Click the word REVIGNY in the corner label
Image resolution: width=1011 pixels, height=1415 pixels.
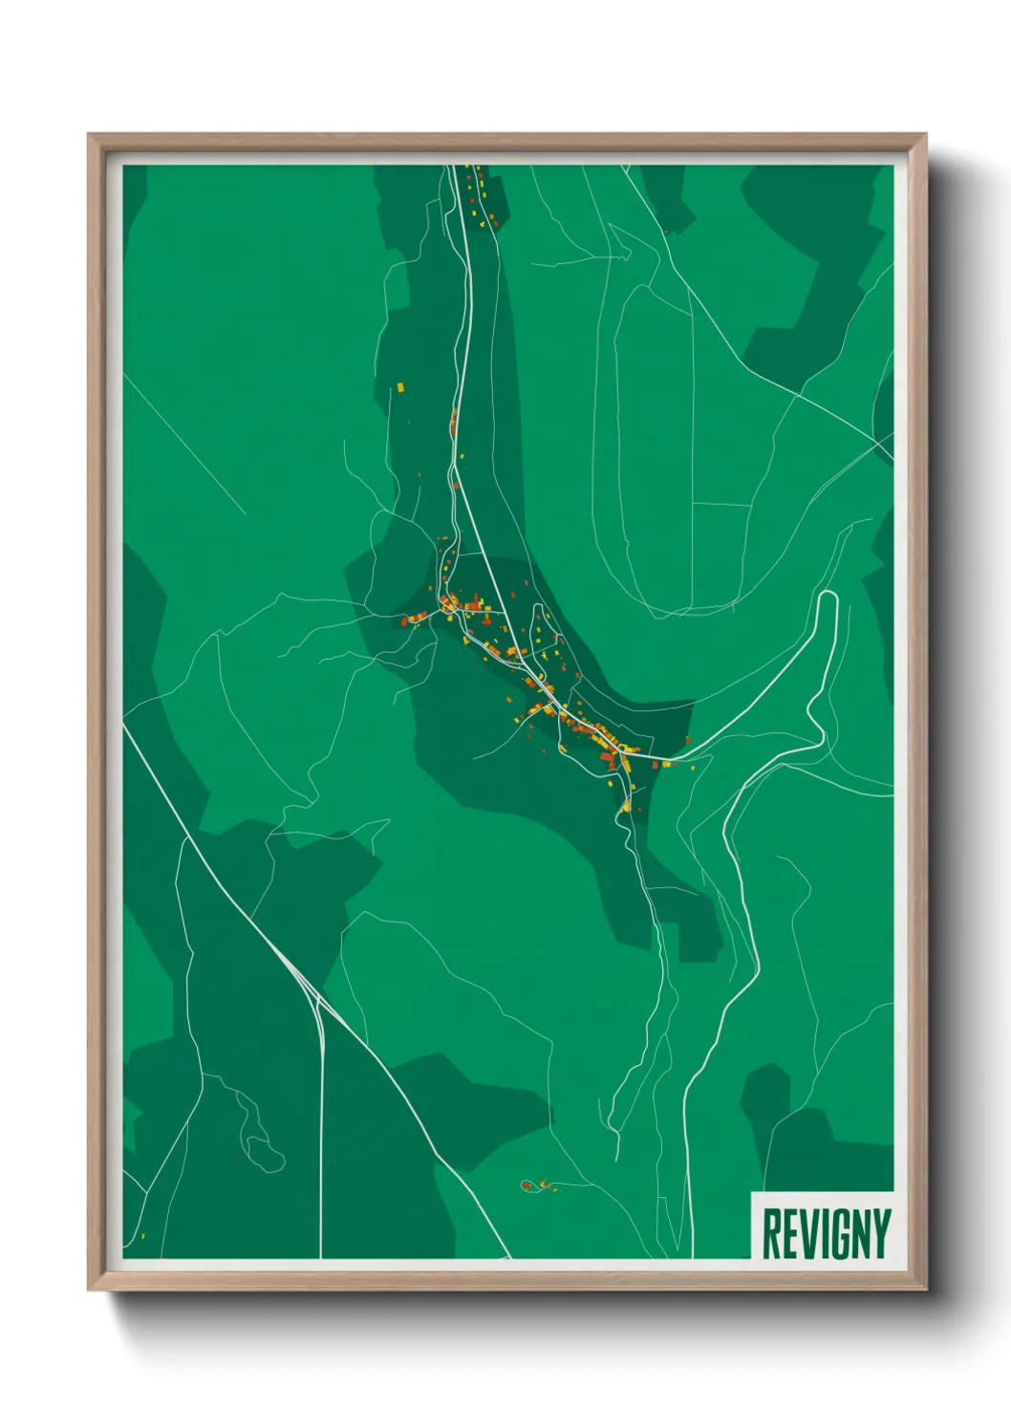pos(826,1233)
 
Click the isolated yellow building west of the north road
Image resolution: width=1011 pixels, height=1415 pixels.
pos(401,387)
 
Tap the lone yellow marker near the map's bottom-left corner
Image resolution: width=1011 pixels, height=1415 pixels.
pos(143,1236)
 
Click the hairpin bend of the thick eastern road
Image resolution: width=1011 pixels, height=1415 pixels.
pos(828,597)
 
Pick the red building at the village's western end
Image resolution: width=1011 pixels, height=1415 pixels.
pos(405,620)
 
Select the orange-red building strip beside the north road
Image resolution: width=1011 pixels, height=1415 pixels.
pos(454,421)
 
